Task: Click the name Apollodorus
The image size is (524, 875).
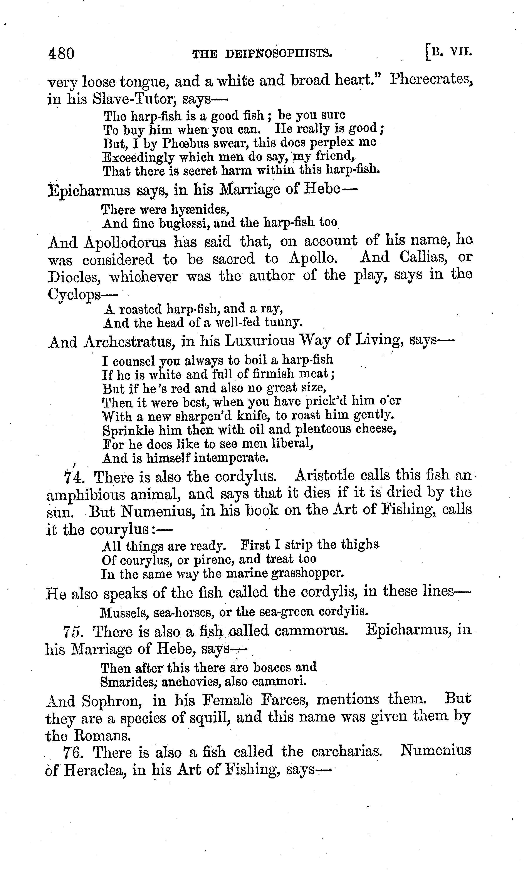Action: pyautogui.click(x=125, y=242)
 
